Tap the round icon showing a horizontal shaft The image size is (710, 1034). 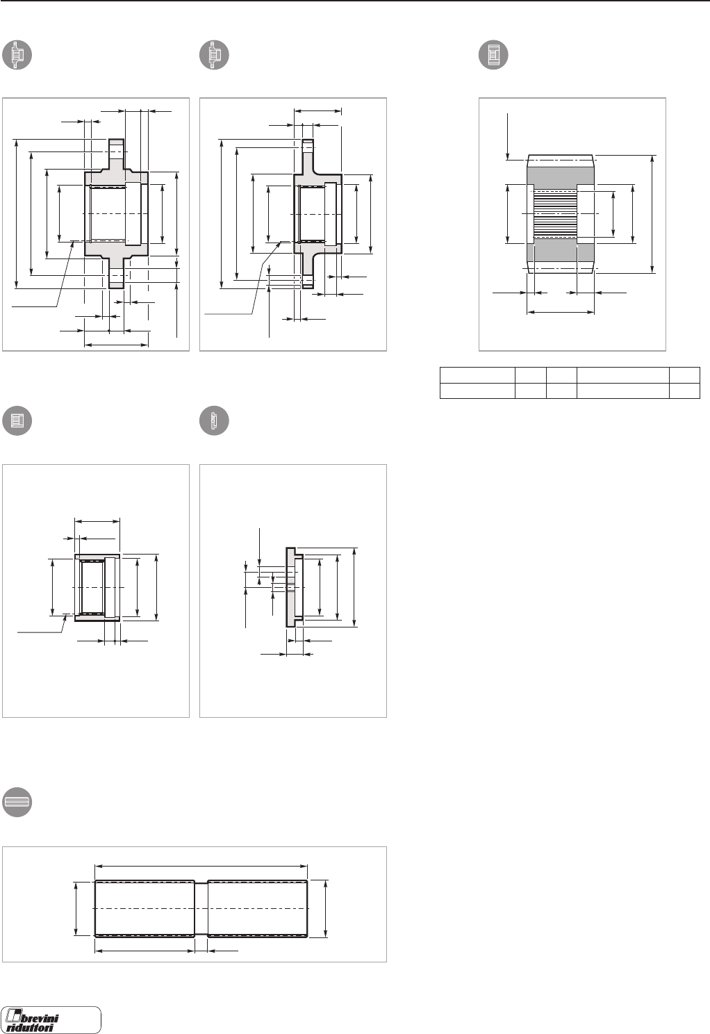coord(17,802)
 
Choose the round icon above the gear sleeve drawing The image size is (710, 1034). coord(494,56)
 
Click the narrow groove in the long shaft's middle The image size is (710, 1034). coord(201,908)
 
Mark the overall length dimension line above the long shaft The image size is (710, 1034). coord(201,866)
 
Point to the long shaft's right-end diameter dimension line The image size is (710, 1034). coord(325,908)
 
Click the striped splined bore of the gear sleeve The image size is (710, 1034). coord(556,213)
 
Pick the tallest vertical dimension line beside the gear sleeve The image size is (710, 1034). coord(652,213)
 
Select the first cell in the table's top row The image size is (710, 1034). coord(477,375)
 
